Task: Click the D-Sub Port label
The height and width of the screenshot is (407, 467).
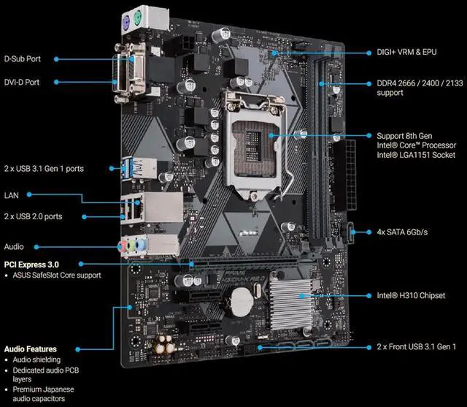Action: coord(23,58)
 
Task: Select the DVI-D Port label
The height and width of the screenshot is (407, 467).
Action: coord(23,83)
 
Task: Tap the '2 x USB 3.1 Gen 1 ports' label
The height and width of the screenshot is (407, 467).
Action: coord(44,169)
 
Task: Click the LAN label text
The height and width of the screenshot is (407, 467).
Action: coord(12,195)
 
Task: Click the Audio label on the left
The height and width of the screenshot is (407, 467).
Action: coord(14,247)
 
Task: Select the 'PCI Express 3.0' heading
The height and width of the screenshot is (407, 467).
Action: coord(31,264)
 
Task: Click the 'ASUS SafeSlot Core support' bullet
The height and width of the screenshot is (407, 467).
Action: coord(55,275)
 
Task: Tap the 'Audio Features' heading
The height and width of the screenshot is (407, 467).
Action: coord(30,349)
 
